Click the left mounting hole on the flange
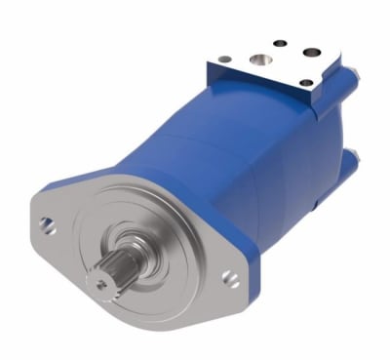pos(48,227)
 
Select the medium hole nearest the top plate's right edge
pos(312,53)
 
